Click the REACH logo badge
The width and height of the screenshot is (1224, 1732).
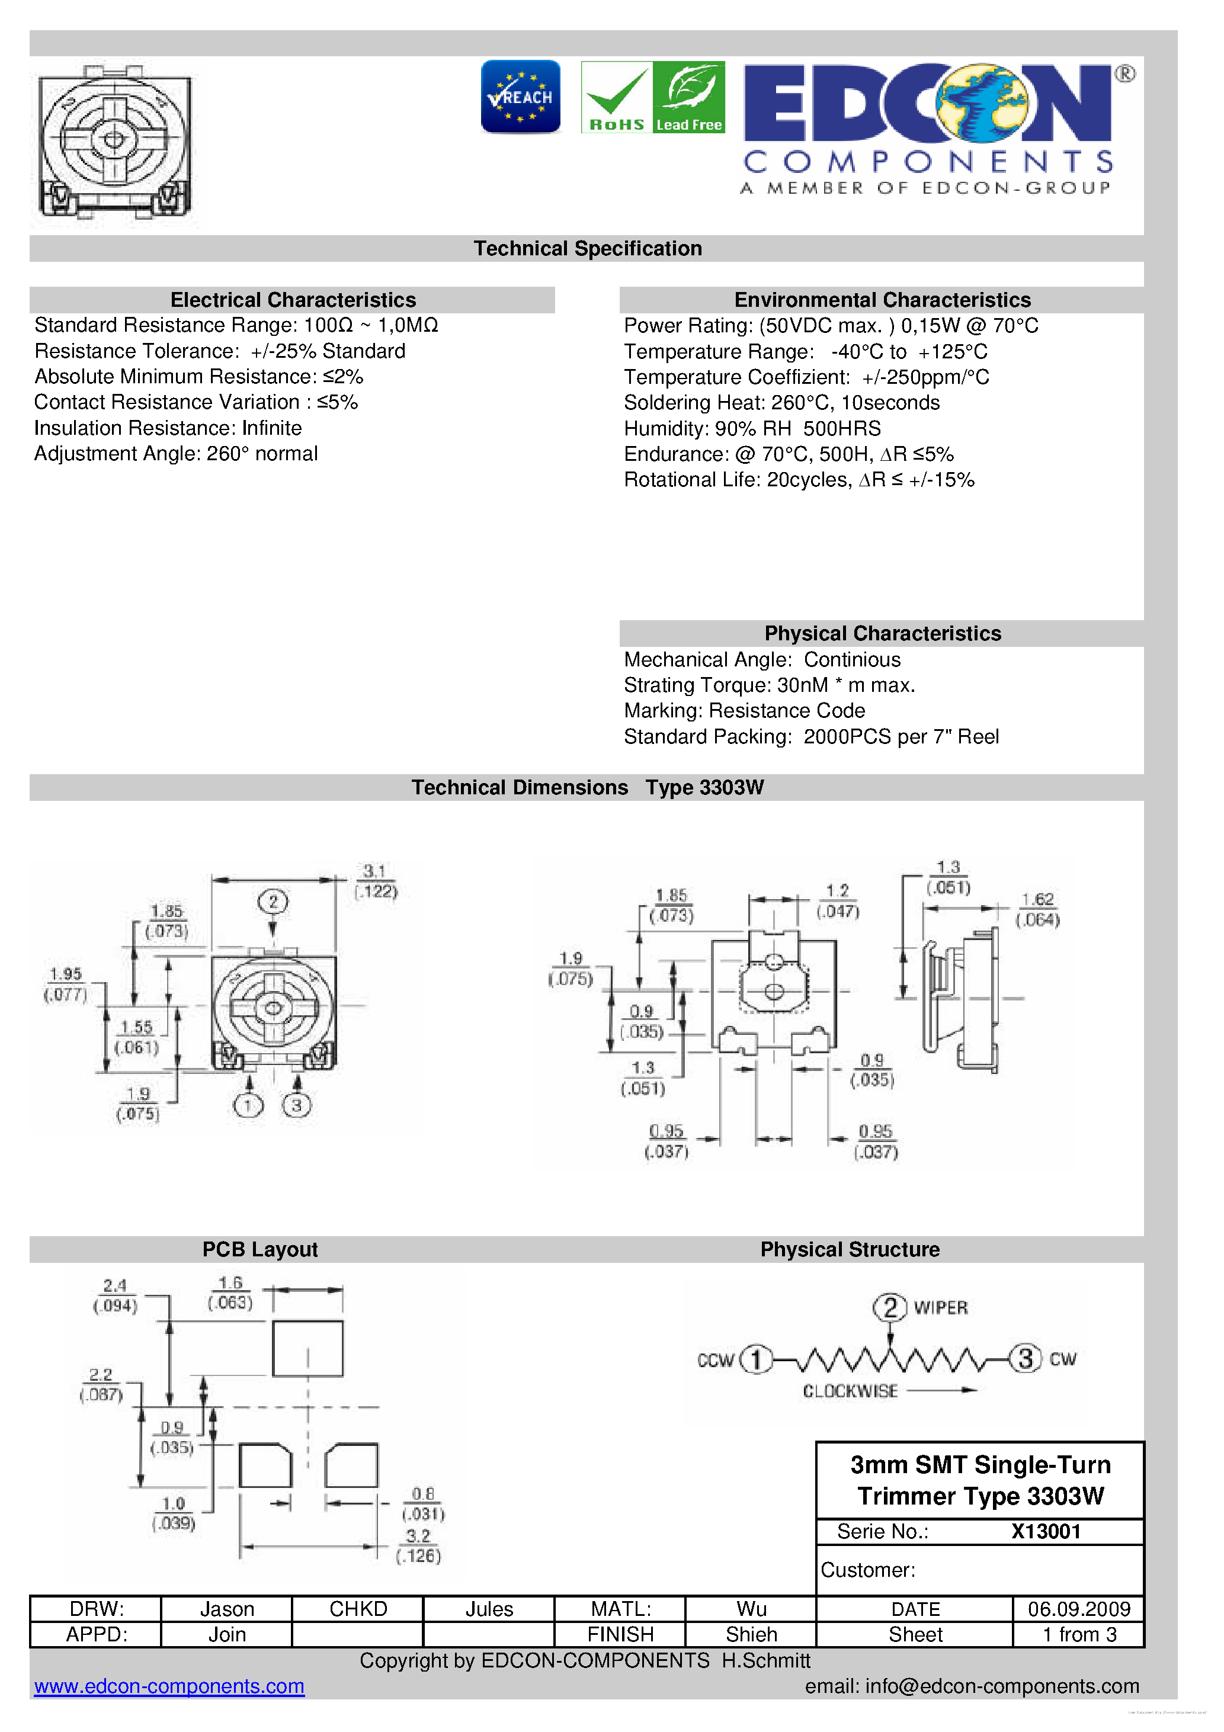coord(520,97)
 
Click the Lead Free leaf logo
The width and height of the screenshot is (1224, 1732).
coord(689,97)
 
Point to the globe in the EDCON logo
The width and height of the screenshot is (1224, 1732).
coord(981,102)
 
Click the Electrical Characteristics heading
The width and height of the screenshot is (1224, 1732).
coord(293,300)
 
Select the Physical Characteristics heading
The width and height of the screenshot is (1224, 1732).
coord(882,633)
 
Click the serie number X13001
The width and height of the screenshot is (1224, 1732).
coord(1046,1531)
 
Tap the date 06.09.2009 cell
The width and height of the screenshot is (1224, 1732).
coord(1078,1608)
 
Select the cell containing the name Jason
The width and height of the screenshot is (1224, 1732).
coord(226,1608)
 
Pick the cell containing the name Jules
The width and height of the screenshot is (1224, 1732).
coord(489,1608)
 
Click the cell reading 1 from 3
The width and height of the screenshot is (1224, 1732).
coord(1078,1634)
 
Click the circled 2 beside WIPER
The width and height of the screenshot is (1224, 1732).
coord(890,1307)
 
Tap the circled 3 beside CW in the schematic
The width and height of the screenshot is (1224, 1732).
coord(1025,1359)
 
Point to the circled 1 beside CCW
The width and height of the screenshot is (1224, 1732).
coord(755,1359)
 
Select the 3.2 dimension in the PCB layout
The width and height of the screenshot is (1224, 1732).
coord(418,1536)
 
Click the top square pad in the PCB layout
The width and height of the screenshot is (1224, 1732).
coord(308,1348)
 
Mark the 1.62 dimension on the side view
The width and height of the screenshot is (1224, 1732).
coord(1037,899)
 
